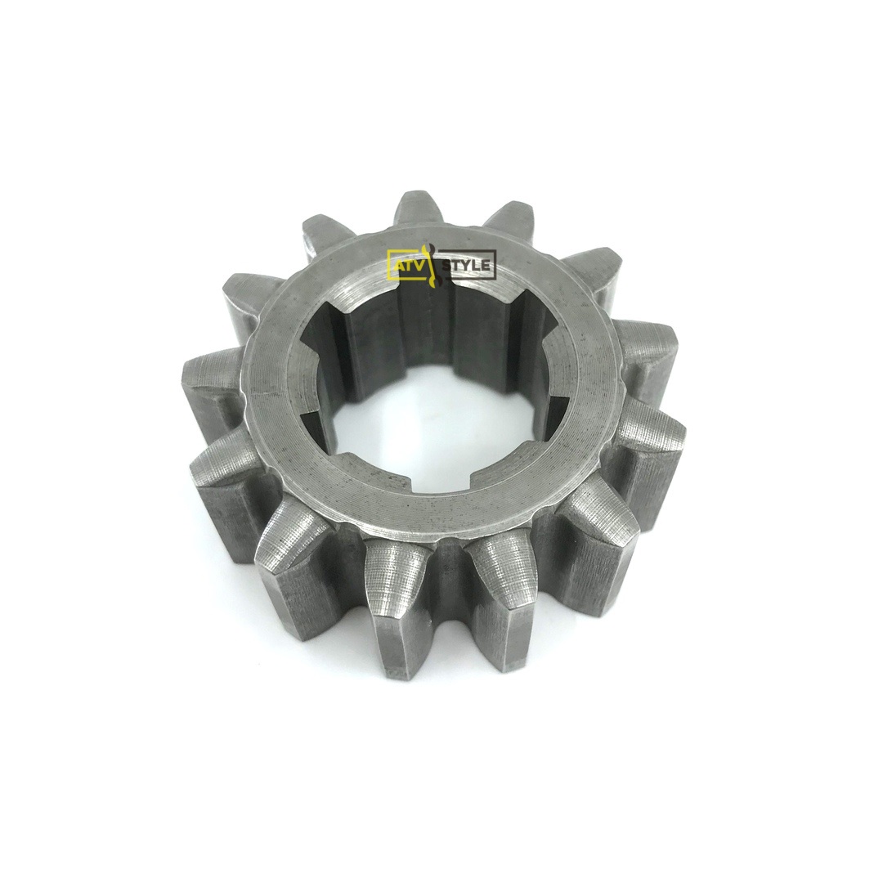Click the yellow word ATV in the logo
click(408, 265)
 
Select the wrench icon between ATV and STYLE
click(432, 265)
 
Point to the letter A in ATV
click(398, 265)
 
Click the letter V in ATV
click(417, 265)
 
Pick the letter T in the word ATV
click(408, 265)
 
